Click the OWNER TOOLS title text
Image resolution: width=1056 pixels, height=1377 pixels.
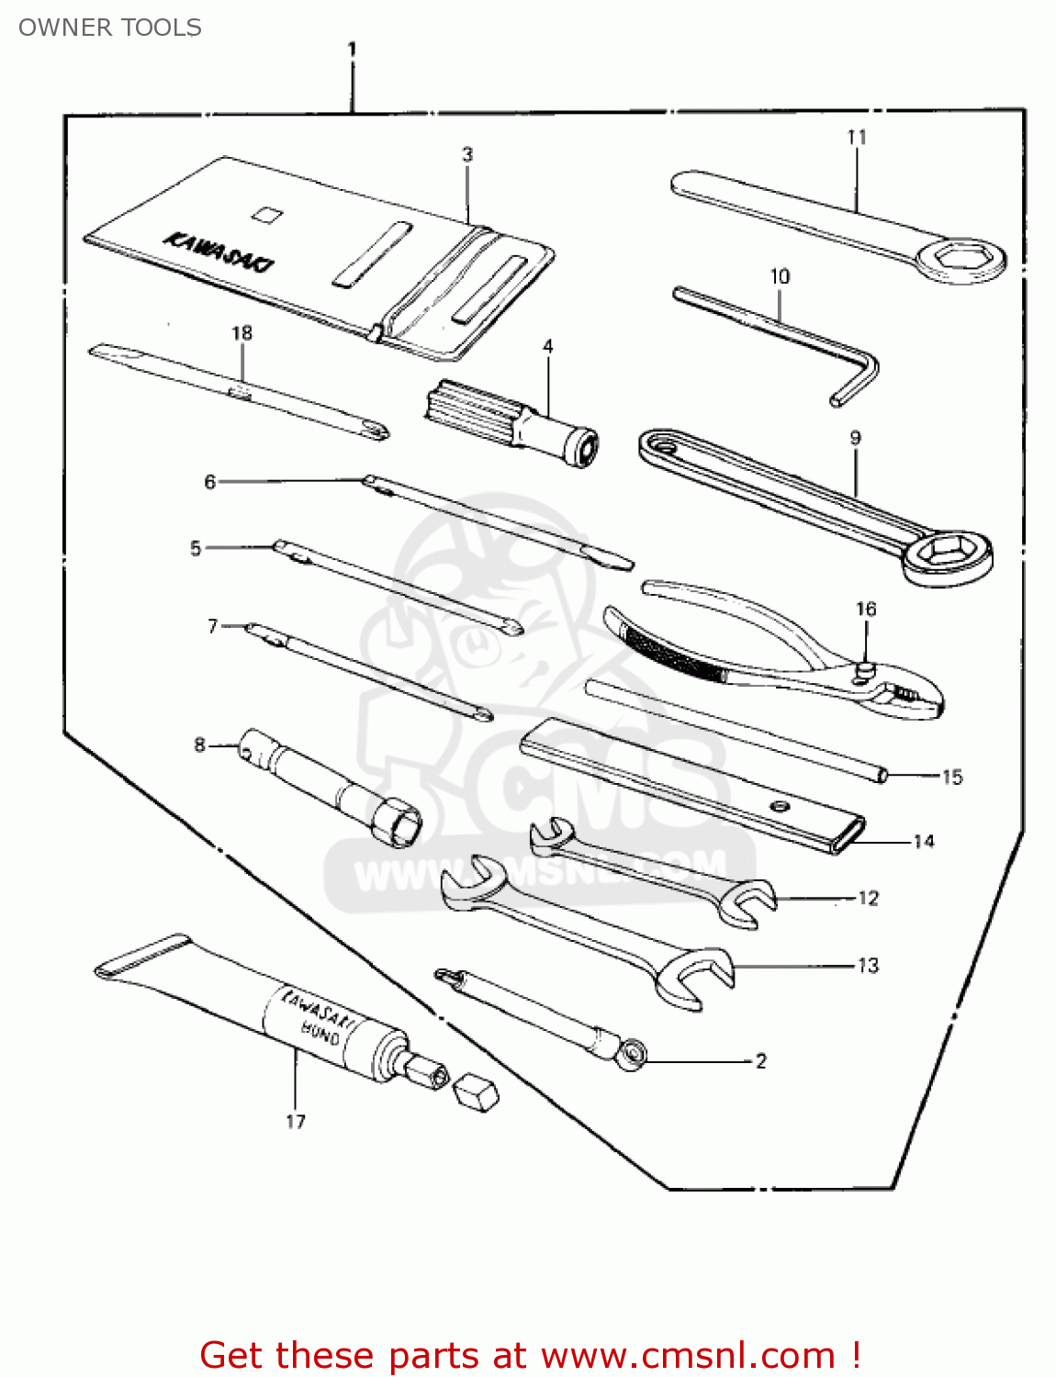tap(110, 28)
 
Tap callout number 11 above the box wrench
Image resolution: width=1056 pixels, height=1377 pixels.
tap(856, 138)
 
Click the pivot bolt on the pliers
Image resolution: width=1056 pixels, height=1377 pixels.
tap(863, 672)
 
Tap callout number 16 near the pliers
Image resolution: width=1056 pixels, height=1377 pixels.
tap(865, 610)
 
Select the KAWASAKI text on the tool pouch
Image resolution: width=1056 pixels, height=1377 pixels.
tap(218, 252)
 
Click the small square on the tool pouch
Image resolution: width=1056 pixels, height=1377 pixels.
tap(266, 215)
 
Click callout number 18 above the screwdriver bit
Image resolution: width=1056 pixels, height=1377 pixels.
tap(242, 333)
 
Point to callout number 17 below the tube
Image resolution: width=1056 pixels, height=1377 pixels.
tap(295, 1121)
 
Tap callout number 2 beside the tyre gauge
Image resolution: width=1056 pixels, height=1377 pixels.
tap(760, 1061)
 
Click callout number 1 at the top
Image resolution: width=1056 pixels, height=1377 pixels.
tap(352, 49)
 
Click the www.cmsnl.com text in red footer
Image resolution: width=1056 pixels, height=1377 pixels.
tap(687, 1355)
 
